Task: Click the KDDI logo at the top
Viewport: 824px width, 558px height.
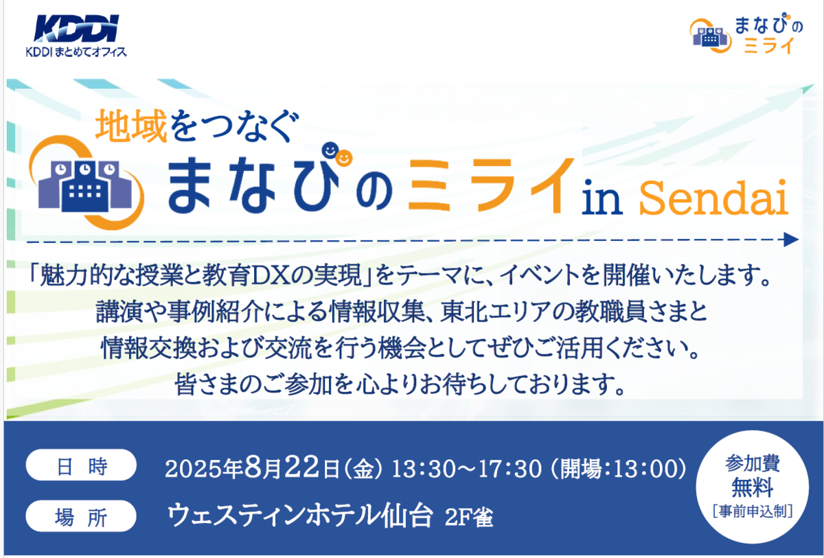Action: click(x=76, y=28)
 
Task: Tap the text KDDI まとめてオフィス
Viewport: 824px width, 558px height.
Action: click(x=76, y=52)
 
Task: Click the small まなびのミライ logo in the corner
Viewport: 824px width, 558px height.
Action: click(x=746, y=34)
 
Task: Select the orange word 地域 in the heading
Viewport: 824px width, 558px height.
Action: click(x=131, y=126)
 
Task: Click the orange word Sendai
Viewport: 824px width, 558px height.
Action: click(x=713, y=198)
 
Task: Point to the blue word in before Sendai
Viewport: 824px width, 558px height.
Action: click(x=602, y=198)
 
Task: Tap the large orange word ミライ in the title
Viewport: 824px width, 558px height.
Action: click(x=491, y=185)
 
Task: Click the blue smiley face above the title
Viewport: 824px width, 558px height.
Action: click(x=330, y=150)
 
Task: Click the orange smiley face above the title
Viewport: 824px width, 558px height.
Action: click(x=344, y=159)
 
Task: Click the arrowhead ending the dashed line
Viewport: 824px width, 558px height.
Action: click(x=790, y=240)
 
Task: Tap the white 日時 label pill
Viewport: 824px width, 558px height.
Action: click(x=81, y=465)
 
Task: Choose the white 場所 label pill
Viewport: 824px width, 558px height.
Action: click(x=81, y=516)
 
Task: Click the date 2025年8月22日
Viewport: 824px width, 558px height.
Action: click(x=253, y=468)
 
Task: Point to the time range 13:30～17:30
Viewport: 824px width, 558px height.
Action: click(x=467, y=469)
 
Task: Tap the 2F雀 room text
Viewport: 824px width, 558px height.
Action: click(x=469, y=518)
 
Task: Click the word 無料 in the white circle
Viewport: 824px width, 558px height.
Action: click(x=753, y=487)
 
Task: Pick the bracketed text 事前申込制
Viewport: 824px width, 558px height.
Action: click(x=753, y=511)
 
